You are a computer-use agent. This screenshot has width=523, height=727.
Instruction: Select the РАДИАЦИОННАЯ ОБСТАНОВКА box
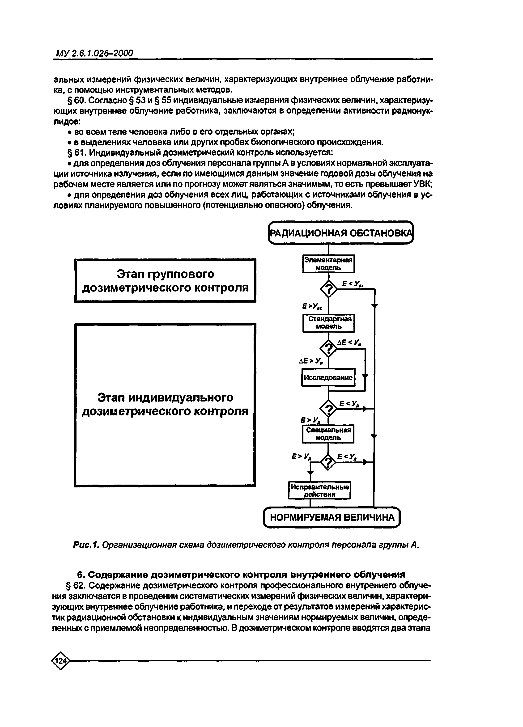tap(340, 233)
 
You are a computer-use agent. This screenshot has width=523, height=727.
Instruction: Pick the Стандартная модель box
tap(329, 323)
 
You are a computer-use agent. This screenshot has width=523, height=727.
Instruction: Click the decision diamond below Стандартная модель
tap(329, 349)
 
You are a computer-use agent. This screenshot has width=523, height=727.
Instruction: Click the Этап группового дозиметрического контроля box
tap(165, 281)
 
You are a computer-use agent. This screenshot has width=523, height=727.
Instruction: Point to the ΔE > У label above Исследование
tap(310, 361)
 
